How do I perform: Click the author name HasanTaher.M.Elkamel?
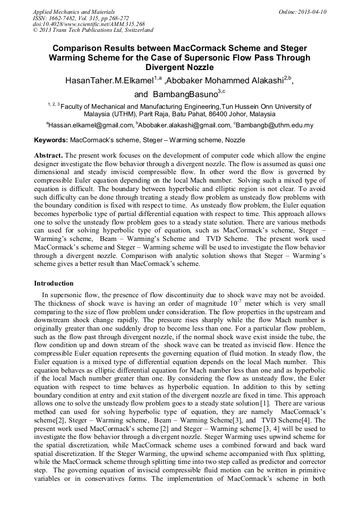108,81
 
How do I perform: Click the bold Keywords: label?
51,140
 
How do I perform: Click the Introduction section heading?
54,283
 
